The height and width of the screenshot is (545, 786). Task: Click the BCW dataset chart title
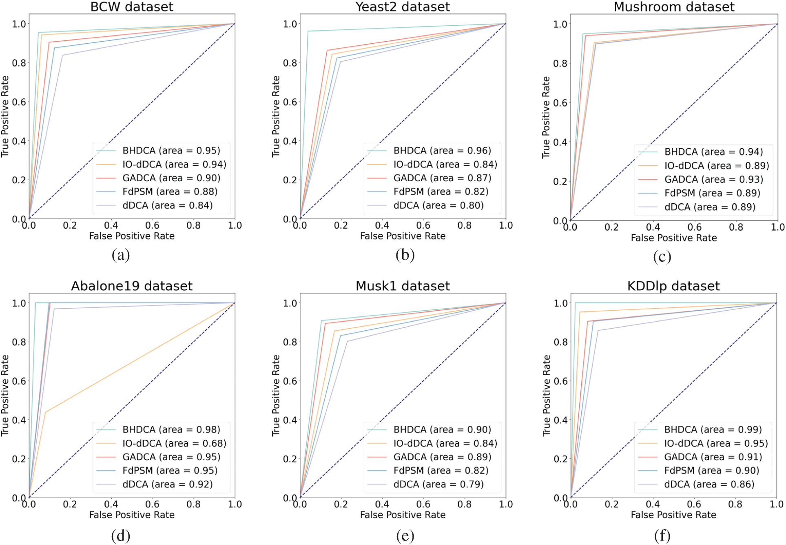pos(132,7)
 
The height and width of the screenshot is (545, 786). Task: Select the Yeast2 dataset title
pos(403,7)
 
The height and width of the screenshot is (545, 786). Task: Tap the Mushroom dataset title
pos(674,7)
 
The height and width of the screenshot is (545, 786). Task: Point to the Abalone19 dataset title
pos(132,286)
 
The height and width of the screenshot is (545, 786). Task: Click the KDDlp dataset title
pos(673,286)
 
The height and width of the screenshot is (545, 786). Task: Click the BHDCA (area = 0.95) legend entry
pos(171,151)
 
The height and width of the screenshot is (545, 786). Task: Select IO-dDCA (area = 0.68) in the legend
pos(174,443)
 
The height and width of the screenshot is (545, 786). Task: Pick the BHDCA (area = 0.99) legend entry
pos(713,429)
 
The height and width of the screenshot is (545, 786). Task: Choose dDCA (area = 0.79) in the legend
pos(438,484)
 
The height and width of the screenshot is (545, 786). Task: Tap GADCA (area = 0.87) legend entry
pos(442,178)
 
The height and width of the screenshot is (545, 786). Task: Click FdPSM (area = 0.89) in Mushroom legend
pos(712,193)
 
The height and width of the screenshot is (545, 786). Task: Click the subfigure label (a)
pos(121,255)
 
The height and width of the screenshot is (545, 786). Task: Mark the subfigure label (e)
pos(405,535)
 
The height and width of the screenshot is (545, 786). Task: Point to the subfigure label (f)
pos(662,535)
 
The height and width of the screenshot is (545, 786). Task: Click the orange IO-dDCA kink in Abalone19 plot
pos(45,412)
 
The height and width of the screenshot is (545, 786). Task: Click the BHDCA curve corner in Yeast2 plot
pos(308,31)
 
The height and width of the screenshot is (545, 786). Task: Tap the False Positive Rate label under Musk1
pos(403,515)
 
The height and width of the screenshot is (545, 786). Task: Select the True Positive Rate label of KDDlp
pos(547,395)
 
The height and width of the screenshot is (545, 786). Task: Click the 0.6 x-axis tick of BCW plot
pos(152,225)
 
